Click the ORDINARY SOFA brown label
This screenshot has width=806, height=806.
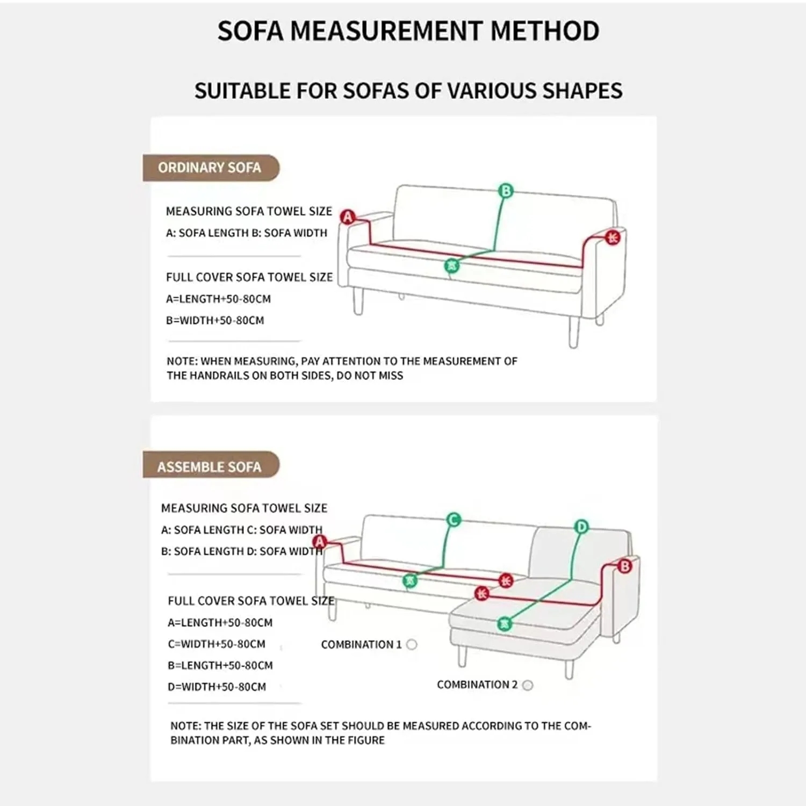tap(210, 168)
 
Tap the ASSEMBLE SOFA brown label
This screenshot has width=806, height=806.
tap(210, 466)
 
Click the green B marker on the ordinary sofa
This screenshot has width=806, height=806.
tap(506, 191)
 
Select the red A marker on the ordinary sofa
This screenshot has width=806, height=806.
tap(348, 217)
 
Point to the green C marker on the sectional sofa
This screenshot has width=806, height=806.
tap(454, 520)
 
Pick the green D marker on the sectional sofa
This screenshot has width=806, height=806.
tap(581, 527)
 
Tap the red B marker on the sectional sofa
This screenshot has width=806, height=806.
tap(624, 566)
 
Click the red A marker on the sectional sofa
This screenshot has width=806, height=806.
tap(320, 541)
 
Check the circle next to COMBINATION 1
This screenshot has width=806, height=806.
tap(412, 644)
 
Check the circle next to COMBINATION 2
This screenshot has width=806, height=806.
tap(528, 685)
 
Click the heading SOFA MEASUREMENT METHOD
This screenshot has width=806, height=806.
tap(408, 31)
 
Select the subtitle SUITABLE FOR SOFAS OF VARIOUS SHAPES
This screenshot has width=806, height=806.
tap(408, 91)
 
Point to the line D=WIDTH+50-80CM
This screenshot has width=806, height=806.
tap(217, 687)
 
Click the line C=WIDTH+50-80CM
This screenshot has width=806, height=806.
tap(217, 644)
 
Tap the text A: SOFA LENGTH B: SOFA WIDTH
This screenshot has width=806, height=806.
tap(247, 233)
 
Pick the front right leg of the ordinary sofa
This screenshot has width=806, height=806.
tap(573, 332)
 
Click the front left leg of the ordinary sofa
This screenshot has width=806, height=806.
tap(358, 301)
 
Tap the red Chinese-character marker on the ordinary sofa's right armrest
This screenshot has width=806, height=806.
tap(613, 238)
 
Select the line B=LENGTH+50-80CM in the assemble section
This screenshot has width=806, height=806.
tap(220, 665)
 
